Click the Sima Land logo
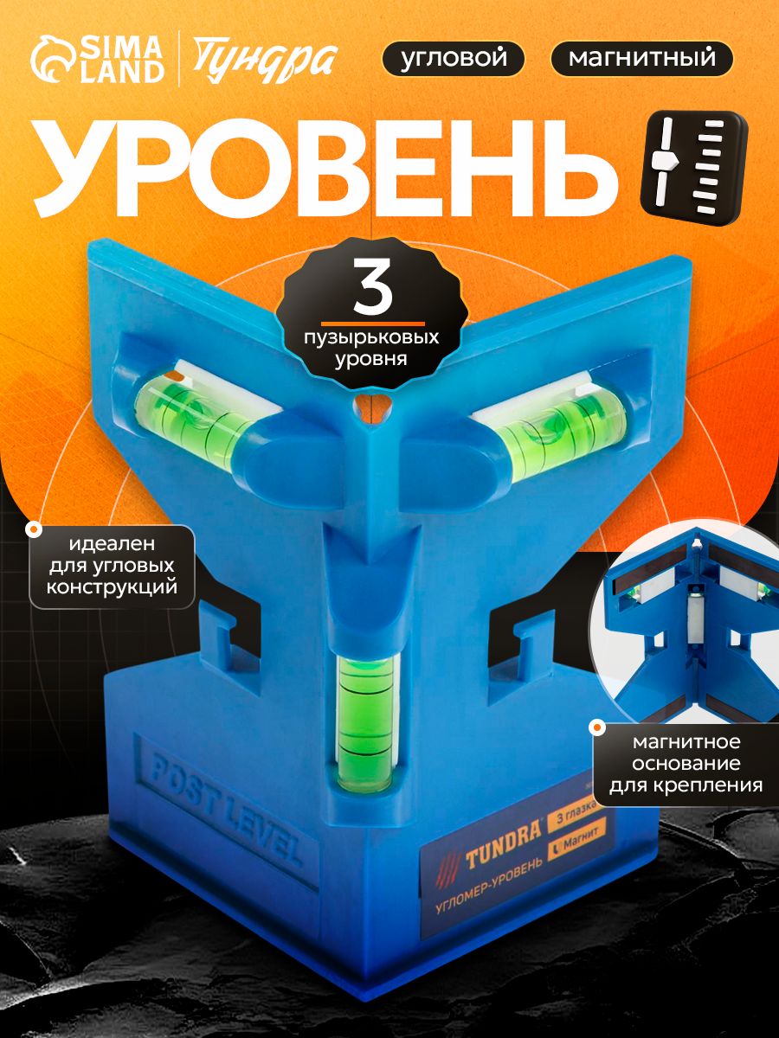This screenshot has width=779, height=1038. click(98, 60)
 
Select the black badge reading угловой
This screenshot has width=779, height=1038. click(453, 59)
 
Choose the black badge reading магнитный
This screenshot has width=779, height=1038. click(642, 59)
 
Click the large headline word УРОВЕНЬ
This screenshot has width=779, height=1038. click(325, 165)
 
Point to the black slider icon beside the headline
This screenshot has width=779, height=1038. click(694, 168)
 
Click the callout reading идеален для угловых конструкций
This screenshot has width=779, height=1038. click(113, 566)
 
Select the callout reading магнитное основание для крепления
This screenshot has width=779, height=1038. click(686, 764)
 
